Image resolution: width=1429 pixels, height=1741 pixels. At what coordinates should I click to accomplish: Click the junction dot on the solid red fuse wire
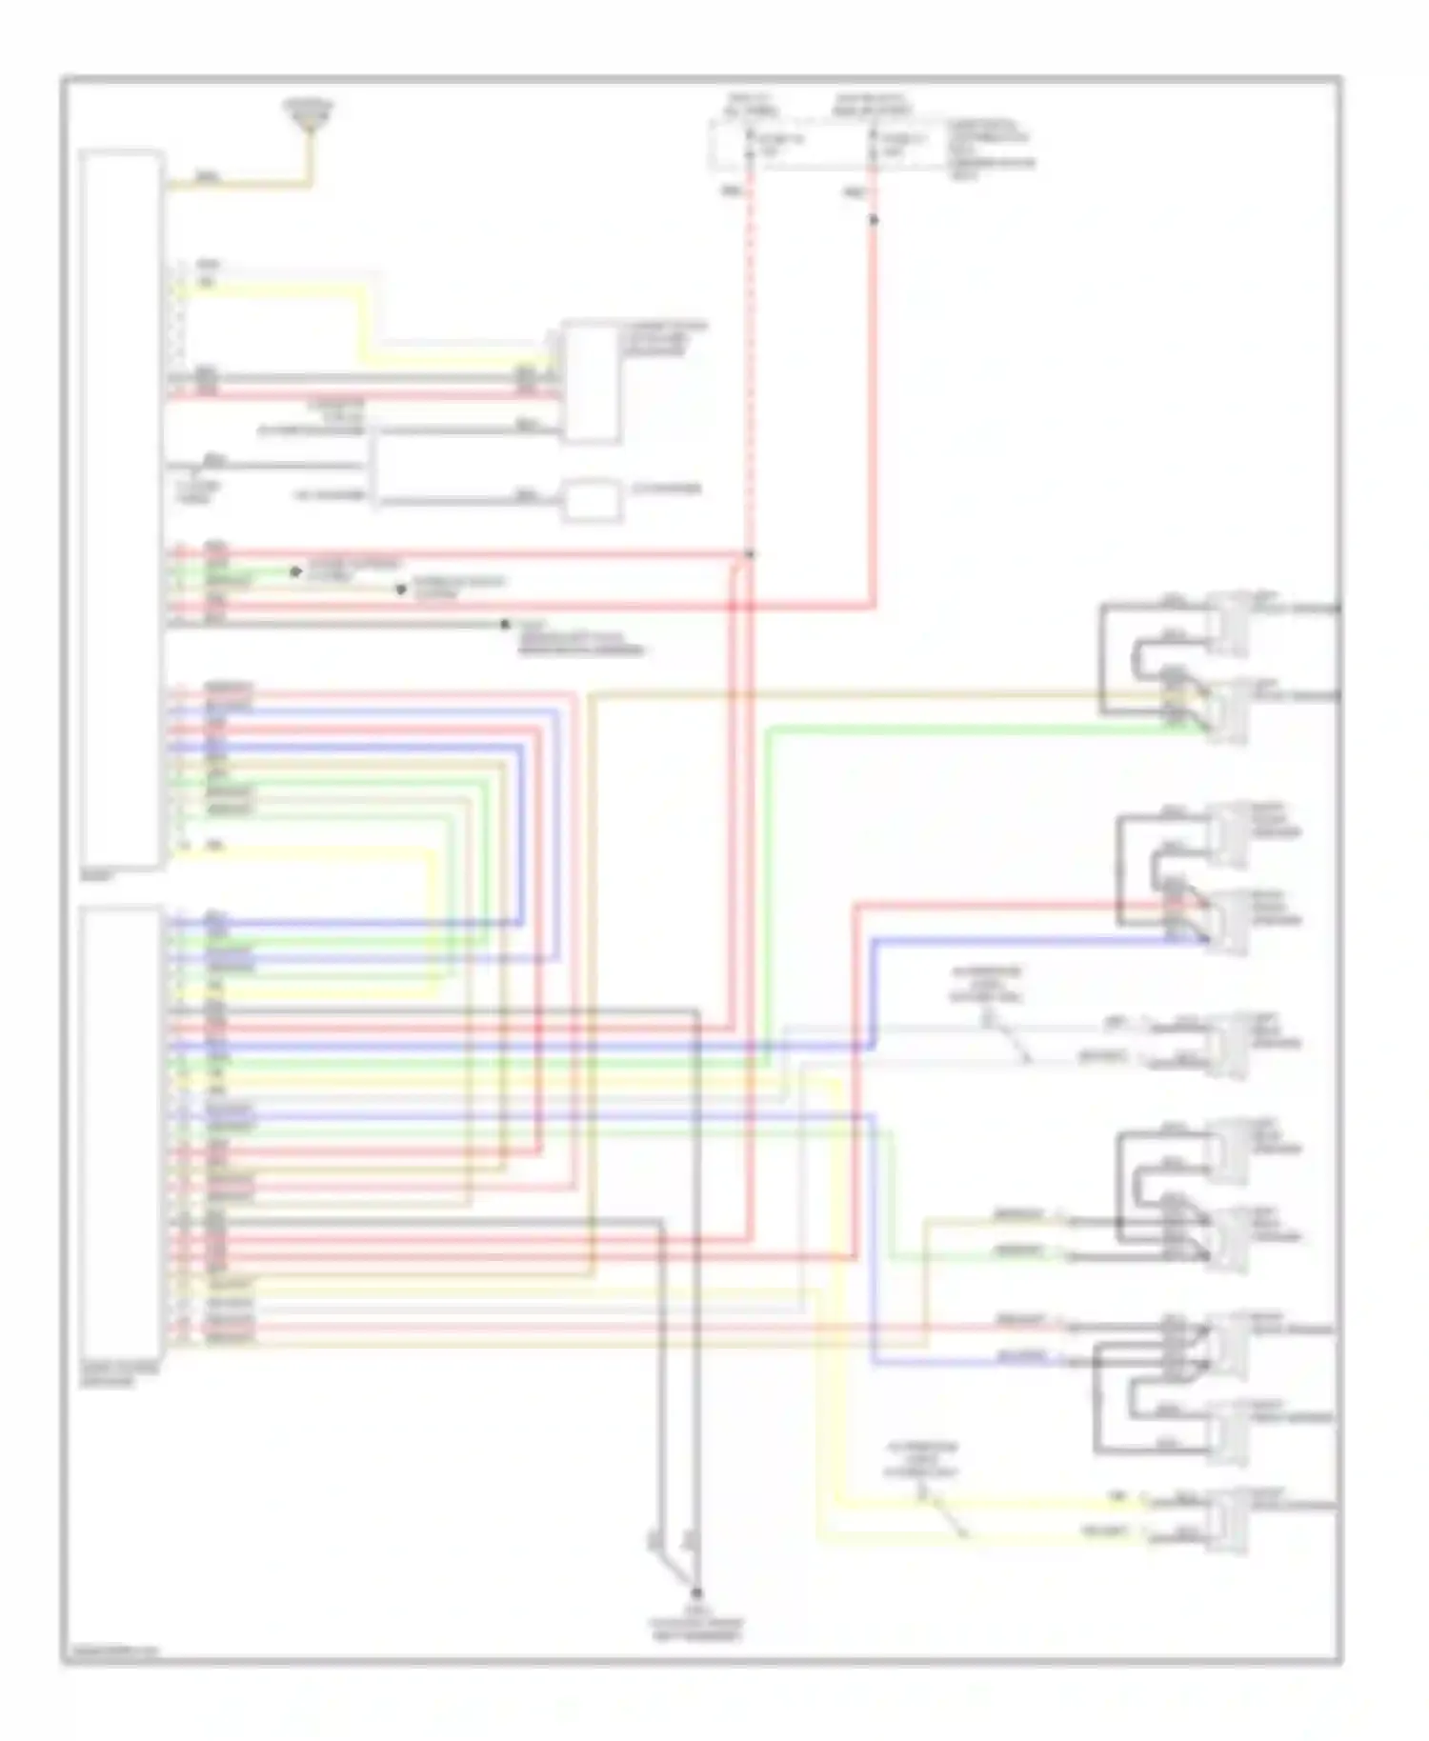(874, 220)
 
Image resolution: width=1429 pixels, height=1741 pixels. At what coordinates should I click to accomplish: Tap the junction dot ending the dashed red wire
(750, 553)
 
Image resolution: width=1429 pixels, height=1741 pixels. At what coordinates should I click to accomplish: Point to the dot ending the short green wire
(296, 571)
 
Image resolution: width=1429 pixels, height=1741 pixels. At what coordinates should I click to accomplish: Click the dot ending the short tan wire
(401, 590)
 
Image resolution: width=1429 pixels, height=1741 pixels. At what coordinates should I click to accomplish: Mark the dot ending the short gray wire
(505, 625)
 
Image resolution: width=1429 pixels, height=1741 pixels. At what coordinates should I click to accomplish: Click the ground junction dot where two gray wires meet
(696, 1592)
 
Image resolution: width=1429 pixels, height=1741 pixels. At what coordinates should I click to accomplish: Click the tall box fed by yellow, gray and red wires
(592, 382)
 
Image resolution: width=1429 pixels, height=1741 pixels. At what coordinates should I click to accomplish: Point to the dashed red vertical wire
(750, 381)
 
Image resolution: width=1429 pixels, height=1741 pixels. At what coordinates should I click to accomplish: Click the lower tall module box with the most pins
(121, 1132)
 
